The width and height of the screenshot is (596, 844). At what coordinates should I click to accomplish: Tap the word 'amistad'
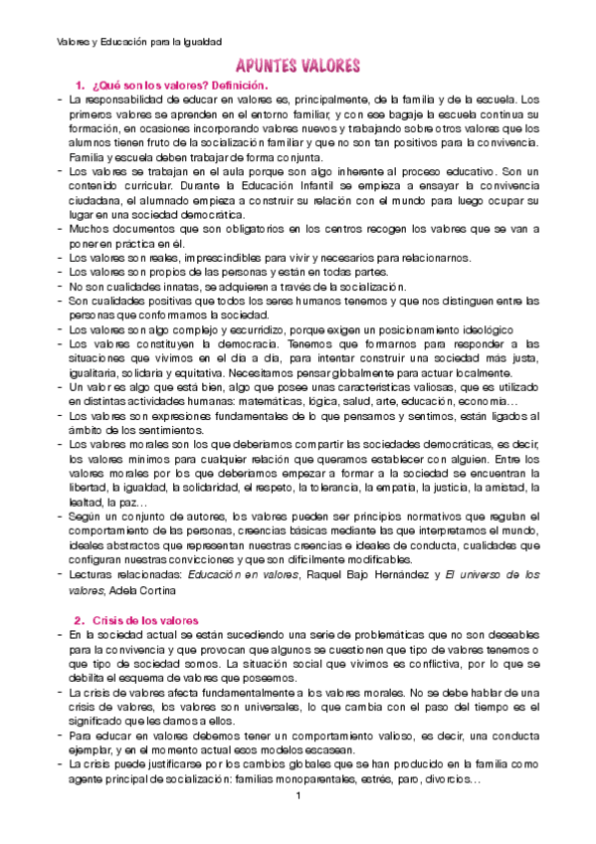[x=497, y=488]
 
